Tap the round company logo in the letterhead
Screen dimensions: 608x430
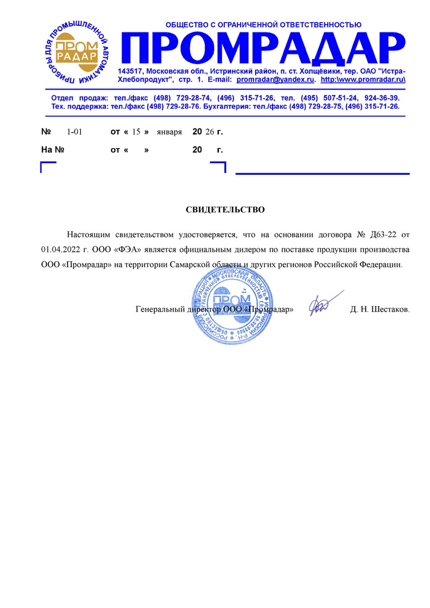[76, 50]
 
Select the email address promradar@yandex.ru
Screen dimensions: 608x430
[276, 80]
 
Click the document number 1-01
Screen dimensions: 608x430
[74, 132]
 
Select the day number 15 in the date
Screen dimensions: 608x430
[136, 132]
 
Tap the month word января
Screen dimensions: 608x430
[169, 132]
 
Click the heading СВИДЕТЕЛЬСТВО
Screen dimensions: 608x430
[225, 210]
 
